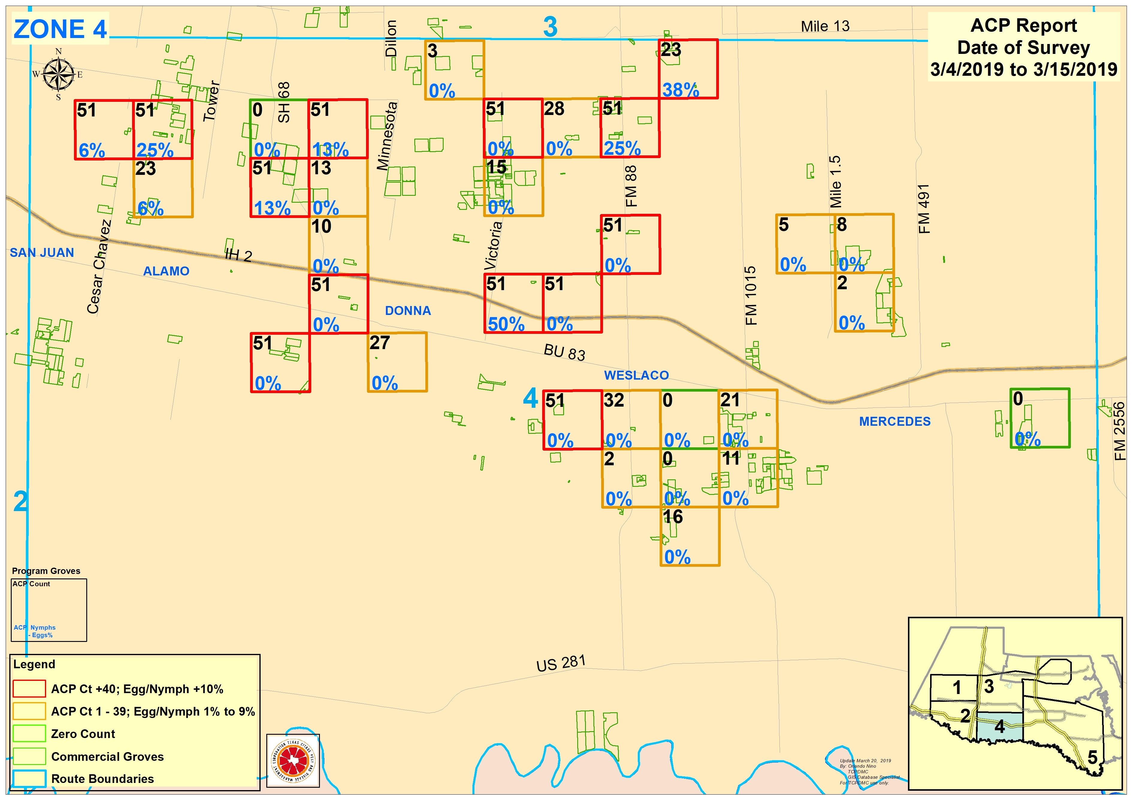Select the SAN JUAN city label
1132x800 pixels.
[x=42, y=253]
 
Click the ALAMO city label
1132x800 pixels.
[x=166, y=271]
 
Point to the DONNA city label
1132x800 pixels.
[x=408, y=310]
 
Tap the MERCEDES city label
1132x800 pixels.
[x=895, y=422]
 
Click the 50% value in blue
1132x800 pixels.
[x=506, y=324]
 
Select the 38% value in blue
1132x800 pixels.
[x=680, y=90]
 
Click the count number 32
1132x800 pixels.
[x=614, y=400]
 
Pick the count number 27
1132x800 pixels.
[x=380, y=343]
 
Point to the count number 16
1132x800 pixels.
[x=672, y=516]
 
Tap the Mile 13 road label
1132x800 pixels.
[x=825, y=26]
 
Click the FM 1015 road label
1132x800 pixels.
[x=750, y=296]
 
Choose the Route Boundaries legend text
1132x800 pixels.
[x=102, y=778]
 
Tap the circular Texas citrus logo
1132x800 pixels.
[x=293, y=760]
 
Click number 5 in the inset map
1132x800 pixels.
[x=1092, y=757]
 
